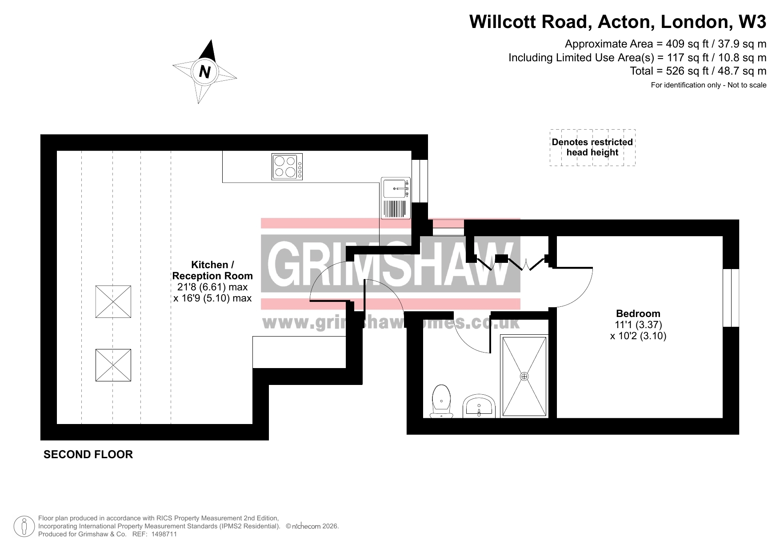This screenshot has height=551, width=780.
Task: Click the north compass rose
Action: [205, 71]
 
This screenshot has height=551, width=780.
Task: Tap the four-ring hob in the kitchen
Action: [287, 166]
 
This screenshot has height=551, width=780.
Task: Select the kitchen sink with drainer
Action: [396, 198]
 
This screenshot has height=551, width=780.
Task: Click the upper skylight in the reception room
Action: [113, 301]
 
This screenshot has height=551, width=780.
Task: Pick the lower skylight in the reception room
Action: [113, 365]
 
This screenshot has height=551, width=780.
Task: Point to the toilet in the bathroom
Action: [441, 401]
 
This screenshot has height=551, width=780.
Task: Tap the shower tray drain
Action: [524, 377]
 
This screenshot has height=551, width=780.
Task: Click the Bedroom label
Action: [638, 313]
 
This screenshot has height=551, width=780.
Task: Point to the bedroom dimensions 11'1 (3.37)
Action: [638, 325]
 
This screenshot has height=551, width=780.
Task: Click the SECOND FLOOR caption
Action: [88, 454]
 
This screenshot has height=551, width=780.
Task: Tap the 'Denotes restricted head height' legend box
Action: [592, 147]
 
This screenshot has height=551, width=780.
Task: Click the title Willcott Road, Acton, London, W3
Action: [618, 22]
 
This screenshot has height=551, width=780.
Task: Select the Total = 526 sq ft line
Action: [698, 71]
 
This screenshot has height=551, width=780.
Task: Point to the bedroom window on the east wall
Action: [731, 297]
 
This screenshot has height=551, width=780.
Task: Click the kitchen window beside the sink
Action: [420, 181]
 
